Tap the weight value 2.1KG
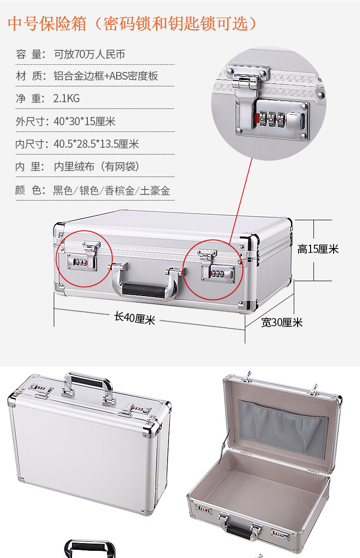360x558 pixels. click(x=67, y=98)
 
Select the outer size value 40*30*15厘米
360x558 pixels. click(x=84, y=121)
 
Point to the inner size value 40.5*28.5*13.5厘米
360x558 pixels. click(x=96, y=144)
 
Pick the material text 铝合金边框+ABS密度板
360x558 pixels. click(x=106, y=76)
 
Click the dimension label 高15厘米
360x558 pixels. click(x=318, y=249)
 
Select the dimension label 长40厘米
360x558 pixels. click(x=134, y=318)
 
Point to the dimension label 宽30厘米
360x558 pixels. click(x=282, y=322)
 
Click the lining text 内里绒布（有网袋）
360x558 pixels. click(x=96, y=166)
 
